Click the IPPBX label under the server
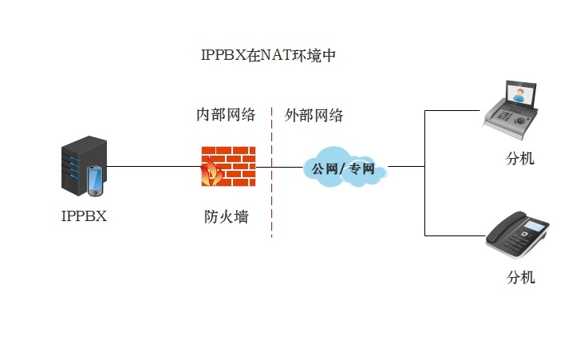point(84,216)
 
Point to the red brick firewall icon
point(228,166)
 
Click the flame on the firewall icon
point(212,170)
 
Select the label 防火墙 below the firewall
point(226,216)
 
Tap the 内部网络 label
point(226,115)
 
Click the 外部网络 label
point(314,115)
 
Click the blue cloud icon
point(344,167)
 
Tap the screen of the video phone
point(520,94)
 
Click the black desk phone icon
point(519,234)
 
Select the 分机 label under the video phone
point(520,158)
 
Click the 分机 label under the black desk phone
point(521,277)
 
